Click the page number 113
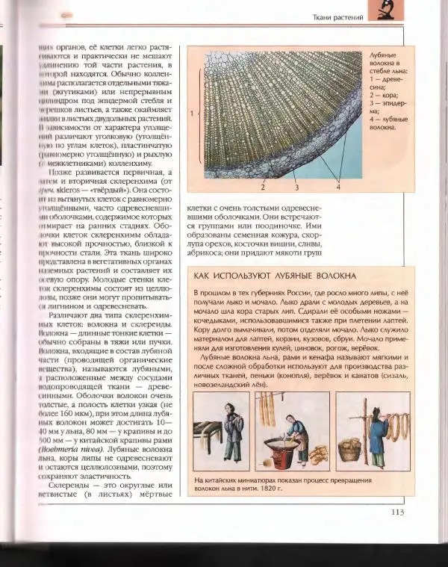point(396,512)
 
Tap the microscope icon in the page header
point(386,13)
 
